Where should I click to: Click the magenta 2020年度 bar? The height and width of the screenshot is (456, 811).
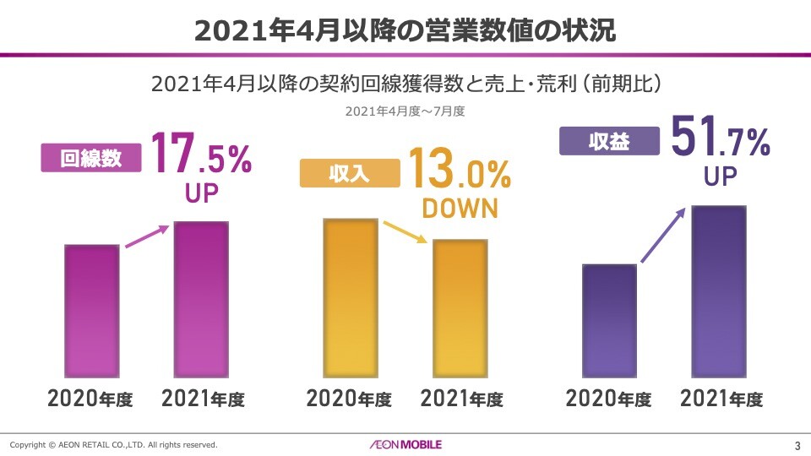[92, 311]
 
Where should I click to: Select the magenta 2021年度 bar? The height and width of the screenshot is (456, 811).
[201, 299]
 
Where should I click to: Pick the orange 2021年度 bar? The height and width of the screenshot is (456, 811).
[460, 308]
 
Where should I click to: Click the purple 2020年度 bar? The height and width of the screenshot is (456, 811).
[609, 320]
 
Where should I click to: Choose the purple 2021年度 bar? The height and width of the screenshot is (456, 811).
[718, 290]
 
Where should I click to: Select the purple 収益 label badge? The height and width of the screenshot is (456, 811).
[609, 141]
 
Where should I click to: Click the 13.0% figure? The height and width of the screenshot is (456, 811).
[460, 169]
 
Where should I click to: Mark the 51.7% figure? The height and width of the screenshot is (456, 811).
[720, 136]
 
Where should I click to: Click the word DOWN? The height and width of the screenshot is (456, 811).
[460, 209]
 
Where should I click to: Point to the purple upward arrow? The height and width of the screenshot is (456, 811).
[663, 236]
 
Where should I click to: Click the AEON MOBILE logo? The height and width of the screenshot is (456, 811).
[405, 444]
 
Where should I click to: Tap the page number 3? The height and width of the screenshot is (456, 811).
[797, 445]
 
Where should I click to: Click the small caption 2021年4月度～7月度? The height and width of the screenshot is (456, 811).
[405, 111]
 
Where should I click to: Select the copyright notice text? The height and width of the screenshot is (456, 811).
[114, 444]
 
